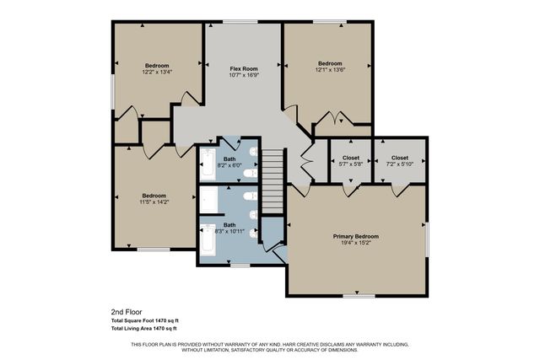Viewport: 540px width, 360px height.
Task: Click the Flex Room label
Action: point(244,68)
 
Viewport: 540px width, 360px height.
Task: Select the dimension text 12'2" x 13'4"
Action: point(157,73)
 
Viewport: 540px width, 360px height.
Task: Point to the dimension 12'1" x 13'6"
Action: point(330,71)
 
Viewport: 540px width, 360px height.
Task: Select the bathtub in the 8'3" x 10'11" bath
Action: point(208,241)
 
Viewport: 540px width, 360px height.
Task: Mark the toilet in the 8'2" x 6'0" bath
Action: point(251,172)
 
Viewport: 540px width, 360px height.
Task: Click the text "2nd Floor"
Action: point(127,311)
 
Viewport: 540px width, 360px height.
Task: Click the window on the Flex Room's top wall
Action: point(246,22)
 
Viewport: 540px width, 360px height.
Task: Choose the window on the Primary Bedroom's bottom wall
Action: point(359,295)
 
